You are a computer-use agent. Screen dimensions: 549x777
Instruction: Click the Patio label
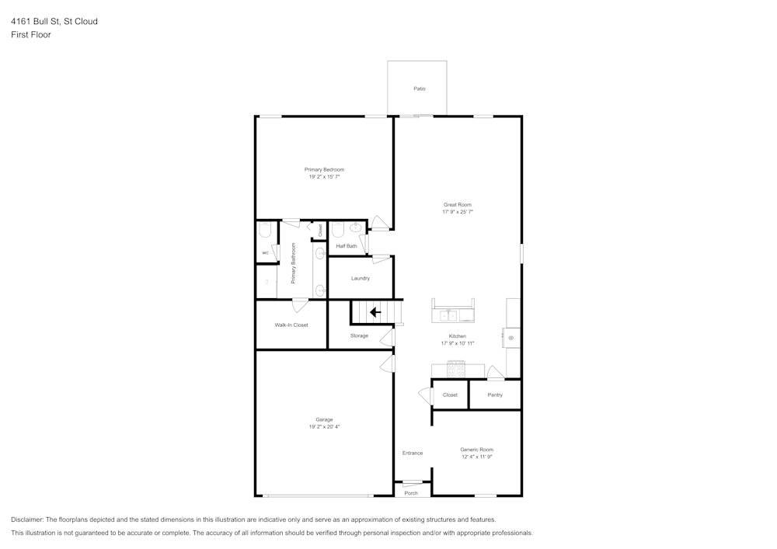419,89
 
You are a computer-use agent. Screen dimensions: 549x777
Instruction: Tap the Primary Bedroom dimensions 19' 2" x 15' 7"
324,177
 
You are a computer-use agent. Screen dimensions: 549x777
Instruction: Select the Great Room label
458,205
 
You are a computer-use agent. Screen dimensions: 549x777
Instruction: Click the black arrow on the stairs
375,312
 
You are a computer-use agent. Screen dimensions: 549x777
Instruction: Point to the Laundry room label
360,278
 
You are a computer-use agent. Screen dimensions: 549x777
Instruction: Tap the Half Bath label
347,246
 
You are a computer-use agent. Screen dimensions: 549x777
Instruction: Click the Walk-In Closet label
291,325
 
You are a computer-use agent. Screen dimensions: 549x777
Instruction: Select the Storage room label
359,335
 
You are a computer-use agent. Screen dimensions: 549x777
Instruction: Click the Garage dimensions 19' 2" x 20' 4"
324,426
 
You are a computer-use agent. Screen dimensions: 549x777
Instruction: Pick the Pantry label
495,394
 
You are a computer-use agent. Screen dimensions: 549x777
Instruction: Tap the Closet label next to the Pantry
450,394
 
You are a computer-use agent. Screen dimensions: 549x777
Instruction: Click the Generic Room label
476,450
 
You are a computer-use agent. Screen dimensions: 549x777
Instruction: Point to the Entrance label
412,453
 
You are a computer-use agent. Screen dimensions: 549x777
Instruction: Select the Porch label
411,493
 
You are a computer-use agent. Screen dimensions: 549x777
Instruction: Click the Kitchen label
458,336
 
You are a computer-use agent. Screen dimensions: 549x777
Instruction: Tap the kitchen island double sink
448,315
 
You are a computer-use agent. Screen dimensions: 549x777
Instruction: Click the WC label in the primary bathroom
265,252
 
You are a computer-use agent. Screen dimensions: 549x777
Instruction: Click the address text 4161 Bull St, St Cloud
54,22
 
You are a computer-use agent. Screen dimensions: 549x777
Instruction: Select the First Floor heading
31,35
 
